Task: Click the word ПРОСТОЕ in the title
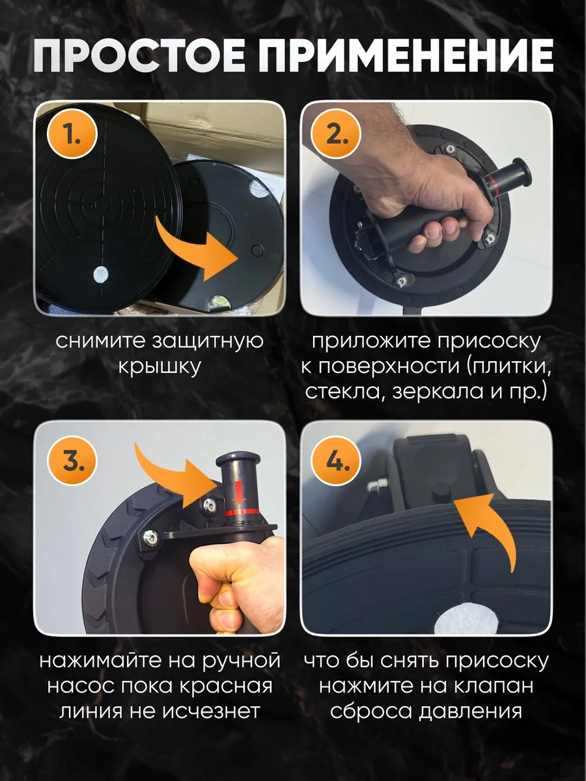[139, 56]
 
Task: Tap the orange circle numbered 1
[72, 135]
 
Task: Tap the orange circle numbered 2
[336, 135]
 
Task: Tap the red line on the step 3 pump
[242, 512]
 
